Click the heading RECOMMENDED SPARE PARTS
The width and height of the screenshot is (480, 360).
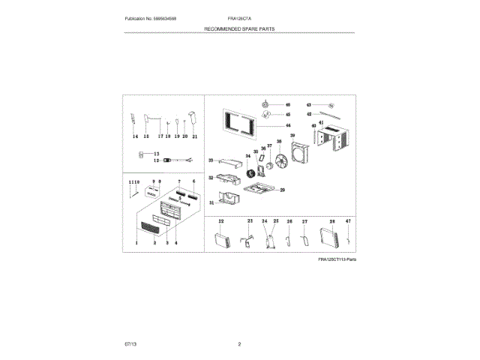pos(239,27)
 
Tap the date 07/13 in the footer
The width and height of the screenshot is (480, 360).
pos(130,343)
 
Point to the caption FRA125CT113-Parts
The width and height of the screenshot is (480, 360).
pos(336,259)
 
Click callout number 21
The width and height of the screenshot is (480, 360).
pos(194,137)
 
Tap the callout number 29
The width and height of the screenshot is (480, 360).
pos(283,190)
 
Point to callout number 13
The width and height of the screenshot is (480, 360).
pos(157,153)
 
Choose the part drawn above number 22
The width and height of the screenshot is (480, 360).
pos(223,240)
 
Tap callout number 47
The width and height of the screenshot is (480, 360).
pos(348,223)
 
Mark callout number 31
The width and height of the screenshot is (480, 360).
pos(211,202)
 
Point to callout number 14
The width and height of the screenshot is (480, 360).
pos(134,137)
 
